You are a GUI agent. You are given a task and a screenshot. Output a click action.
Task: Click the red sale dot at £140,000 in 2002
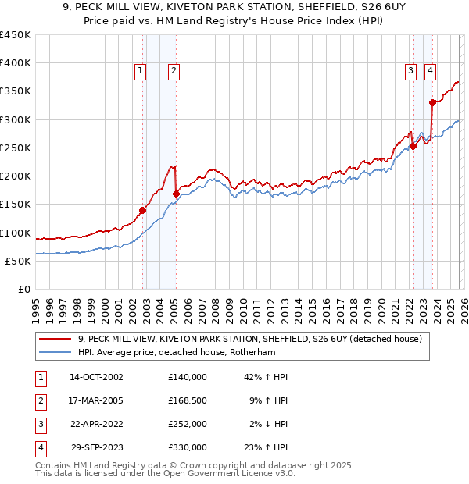[x=143, y=210]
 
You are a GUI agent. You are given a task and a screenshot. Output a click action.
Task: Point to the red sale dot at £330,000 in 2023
[x=432, y=102]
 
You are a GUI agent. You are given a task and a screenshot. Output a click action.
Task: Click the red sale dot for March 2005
[x=177, y=194]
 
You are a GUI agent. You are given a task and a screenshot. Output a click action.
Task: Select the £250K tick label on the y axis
[x=16, y=148]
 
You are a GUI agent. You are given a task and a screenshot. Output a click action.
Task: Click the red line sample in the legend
[x=55, y=339]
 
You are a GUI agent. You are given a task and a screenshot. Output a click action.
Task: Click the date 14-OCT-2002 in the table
[x=96, y=377]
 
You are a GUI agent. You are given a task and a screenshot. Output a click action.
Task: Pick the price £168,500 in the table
[x=188, y=400]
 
